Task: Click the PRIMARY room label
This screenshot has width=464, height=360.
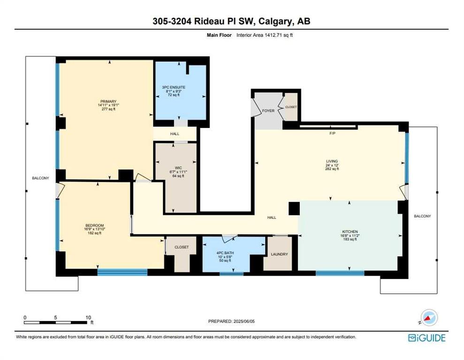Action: (108, 101)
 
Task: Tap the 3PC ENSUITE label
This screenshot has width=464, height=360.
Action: (174, 87)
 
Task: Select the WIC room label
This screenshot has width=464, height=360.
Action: (178, 168)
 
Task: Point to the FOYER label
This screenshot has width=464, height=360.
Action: (268, 111)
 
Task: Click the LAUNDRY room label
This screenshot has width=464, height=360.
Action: (279, 254)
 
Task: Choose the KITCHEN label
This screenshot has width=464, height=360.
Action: (350, 232)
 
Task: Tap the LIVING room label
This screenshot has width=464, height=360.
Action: (332, 161)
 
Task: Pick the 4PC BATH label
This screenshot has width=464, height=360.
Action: (225, 253)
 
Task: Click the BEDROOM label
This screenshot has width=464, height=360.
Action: (94, 225)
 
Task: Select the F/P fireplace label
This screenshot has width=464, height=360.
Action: (333, 133)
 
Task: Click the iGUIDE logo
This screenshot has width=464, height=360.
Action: (427, 338)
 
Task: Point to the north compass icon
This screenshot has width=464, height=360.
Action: (429, 318)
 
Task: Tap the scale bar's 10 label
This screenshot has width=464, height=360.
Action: (88, 317)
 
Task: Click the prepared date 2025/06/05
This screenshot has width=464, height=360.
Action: (244, 321)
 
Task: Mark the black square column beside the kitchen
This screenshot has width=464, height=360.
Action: (294, 209)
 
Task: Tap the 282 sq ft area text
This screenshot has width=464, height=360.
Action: (332, 169)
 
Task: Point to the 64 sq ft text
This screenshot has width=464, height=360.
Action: (178, 176)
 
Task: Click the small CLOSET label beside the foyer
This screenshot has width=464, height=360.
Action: (291, 107)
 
